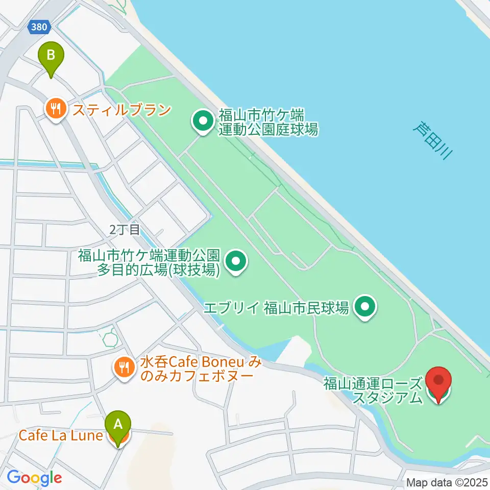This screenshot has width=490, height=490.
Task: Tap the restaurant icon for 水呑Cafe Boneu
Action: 123,366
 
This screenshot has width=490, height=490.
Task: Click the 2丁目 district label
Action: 124,230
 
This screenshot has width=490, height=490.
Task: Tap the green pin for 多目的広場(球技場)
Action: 236,262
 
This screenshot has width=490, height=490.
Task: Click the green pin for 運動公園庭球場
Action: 203,122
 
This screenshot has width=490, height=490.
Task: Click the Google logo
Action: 34,478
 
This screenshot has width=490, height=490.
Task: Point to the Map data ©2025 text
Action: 447,482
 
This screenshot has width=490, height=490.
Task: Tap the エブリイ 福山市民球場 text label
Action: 276,308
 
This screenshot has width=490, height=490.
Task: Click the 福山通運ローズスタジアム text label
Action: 374,390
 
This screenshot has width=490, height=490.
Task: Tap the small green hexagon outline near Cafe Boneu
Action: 109,337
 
